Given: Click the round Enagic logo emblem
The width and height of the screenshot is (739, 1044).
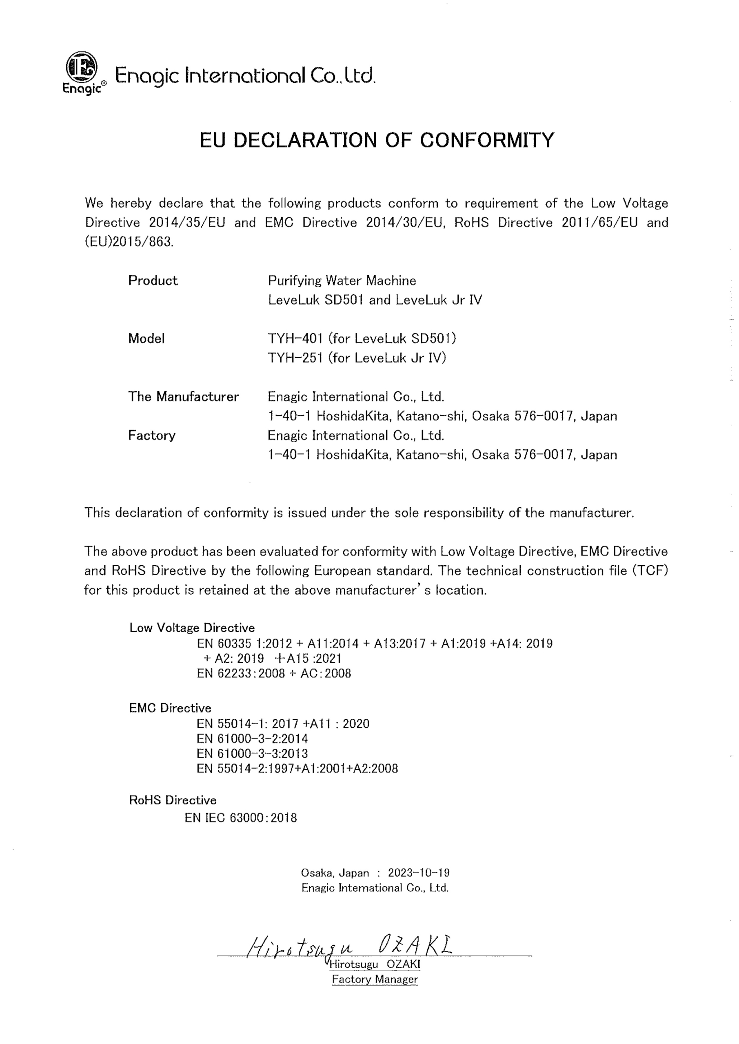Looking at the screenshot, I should pyautogui.click(x=82, y=67).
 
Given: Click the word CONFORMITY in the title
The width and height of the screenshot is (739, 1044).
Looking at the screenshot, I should pyautogui.click(x=486, y=140).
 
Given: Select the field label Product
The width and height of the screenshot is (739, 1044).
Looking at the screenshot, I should pyautogui.click(x=153, y=281).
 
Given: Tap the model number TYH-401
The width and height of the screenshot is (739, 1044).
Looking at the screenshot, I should pyautogui.click(x=295, y=339).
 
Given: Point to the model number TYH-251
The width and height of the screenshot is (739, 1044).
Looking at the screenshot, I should pyautogui.click(x=295, y=358).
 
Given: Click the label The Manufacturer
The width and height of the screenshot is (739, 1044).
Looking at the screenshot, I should pyautogui.click(x=183, y=397).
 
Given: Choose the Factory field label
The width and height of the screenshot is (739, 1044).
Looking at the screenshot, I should pyautogui.click(x=152, y=436).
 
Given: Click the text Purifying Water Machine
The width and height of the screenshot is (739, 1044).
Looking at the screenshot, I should pyautogui.click(x=342, y=281).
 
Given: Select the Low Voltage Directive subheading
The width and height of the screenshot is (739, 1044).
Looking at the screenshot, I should pyautogui.click(x=192, y=628).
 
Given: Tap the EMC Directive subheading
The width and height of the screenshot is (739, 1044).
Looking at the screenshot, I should pyautogui.click(x=170, y=708).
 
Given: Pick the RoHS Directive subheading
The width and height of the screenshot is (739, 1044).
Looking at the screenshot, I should pyautogui.click(x=173, y=800).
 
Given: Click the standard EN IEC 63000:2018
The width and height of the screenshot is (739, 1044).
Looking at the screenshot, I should pyautogui.click(x=241, y=818).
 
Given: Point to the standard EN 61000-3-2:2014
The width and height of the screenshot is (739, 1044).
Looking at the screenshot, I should pyautogui.click(x=252, y=739).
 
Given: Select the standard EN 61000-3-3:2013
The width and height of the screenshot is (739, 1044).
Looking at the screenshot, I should pyautogui.click(x=252, y=754).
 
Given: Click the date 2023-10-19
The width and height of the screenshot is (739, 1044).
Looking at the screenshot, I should pyautogui.click(x=419, y=873).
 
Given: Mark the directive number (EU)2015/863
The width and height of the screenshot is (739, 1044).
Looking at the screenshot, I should pyautogui.click(x=129, y=242).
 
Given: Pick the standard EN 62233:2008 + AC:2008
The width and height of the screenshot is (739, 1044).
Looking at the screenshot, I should pyautogui.click(x=274, y=673).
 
